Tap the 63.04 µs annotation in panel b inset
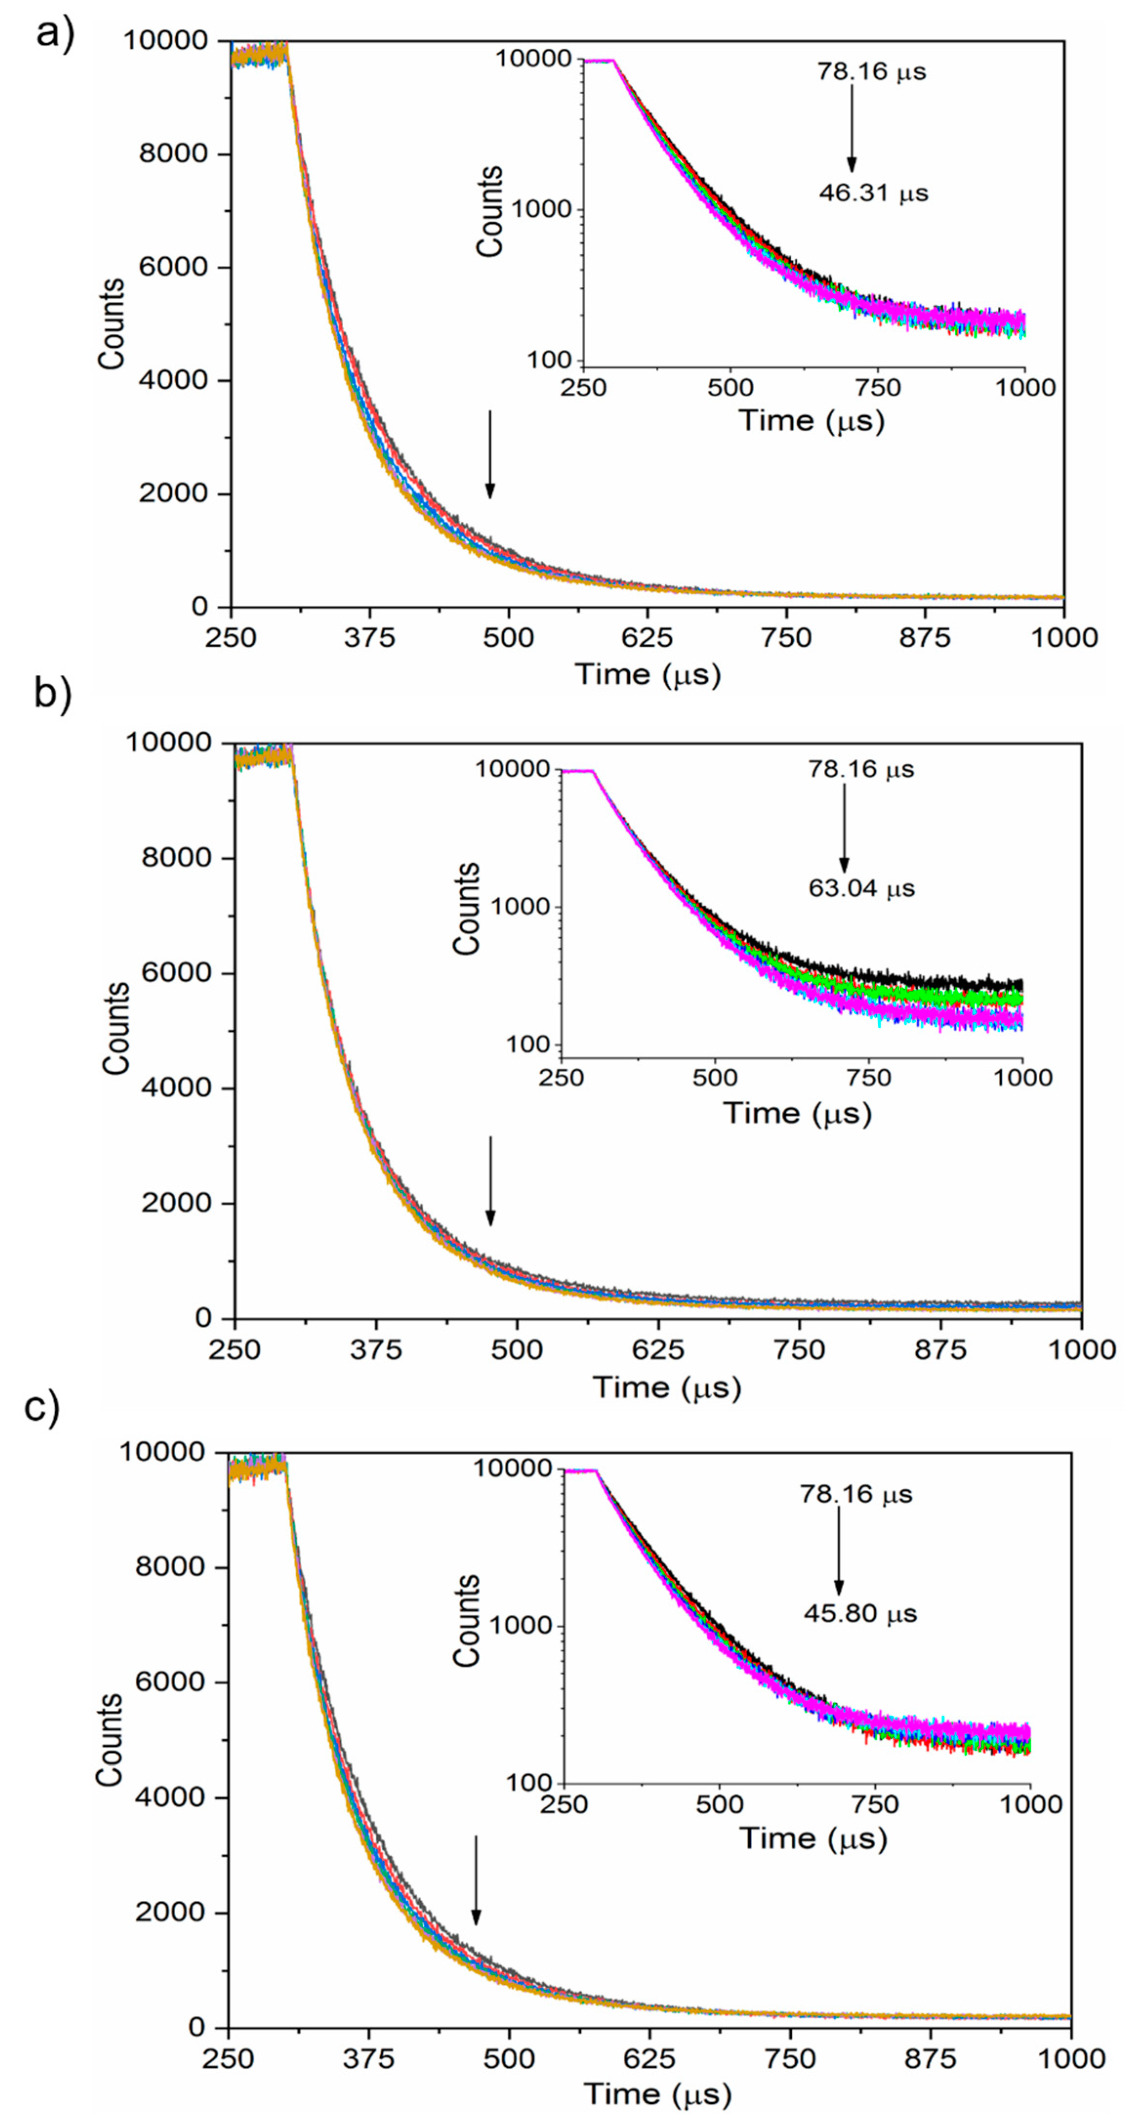[861, 889]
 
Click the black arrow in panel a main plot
[490, 454]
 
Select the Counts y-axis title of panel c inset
[467, 1621]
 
